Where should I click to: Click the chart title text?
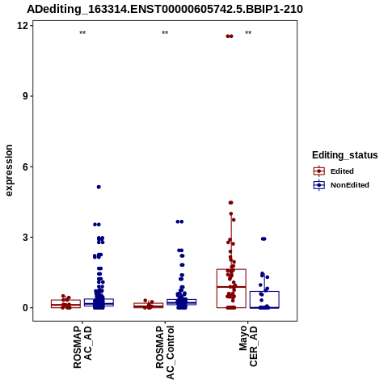click(165, 9)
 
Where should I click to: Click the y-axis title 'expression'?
click(9, 171)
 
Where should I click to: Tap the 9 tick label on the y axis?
click(26, 96)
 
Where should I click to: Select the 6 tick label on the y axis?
click(26, 167)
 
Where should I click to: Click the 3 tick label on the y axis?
click(26, 238)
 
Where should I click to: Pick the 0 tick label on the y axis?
click(26, 308)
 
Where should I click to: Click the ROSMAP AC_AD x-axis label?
click(82, 347)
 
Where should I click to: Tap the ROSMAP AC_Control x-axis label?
click(165, 352)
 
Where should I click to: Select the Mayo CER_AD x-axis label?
click(248, 346)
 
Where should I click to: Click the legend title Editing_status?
click(345, 155)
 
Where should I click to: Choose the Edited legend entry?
click(334, 171)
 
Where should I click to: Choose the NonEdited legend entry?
click(341, 185)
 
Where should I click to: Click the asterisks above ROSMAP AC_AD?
click(82, 33)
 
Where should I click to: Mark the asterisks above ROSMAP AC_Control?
click(165, 33)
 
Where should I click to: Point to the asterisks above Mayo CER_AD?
click(248, 33)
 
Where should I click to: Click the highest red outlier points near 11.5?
click(230, 36)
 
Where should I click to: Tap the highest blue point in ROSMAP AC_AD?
click(99, 187)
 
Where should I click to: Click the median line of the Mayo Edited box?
click(231, 287)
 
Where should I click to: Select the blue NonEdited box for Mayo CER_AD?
click(264, 292)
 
